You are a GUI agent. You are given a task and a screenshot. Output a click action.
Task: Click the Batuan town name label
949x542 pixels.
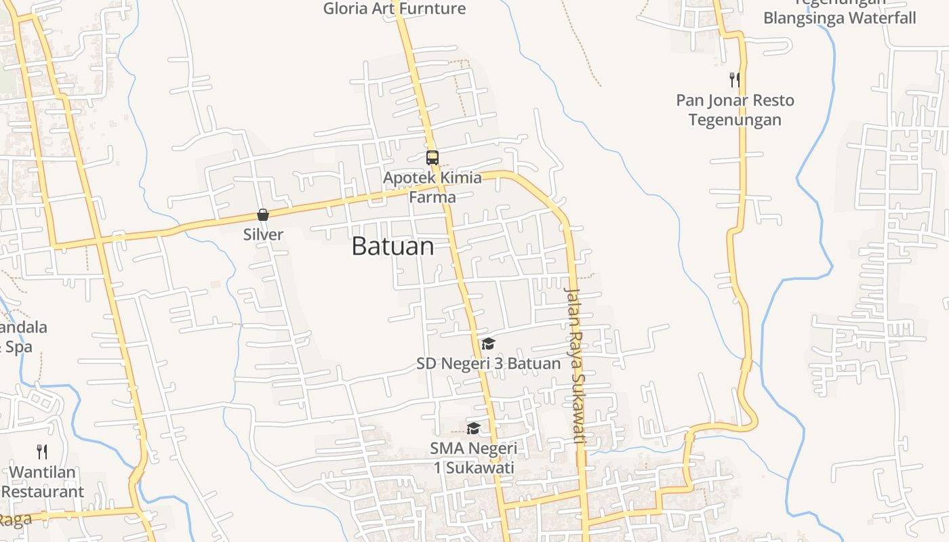pos(392,247)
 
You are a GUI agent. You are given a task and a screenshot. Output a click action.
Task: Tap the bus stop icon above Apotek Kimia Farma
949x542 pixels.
pos(432,158)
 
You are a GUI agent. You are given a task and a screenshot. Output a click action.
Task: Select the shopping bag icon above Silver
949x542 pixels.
pos(263,215)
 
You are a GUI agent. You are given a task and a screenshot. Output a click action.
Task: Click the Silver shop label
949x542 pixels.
pos(263,234)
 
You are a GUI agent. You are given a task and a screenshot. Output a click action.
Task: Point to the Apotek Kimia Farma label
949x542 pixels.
pos(432,187)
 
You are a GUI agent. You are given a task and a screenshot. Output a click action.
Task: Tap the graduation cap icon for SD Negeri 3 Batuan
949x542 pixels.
pos(488,343)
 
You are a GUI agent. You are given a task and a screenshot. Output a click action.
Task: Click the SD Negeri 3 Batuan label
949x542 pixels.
pos(488,364)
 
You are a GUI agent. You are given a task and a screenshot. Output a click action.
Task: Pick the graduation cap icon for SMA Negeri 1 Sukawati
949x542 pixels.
pos(473,428)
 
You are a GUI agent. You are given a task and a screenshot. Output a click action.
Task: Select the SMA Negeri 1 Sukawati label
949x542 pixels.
pos(473,458)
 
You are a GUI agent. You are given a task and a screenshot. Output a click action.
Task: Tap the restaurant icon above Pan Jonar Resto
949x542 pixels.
pos(735,80)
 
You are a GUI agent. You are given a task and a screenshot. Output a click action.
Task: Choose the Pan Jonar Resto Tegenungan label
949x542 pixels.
pos(735,110)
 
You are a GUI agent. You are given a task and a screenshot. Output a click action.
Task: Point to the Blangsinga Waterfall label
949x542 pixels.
pos(839,18)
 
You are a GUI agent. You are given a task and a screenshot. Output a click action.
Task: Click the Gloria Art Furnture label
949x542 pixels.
pos(394,9)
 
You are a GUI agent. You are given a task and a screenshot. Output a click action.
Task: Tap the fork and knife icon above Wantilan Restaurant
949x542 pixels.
pos(42,452)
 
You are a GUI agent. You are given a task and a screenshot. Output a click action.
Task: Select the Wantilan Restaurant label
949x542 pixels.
pos(43,482)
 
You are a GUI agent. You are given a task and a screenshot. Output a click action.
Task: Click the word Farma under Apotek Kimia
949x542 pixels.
pos(432,197)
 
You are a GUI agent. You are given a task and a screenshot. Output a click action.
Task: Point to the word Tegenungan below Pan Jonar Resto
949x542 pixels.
pos(735,120)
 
